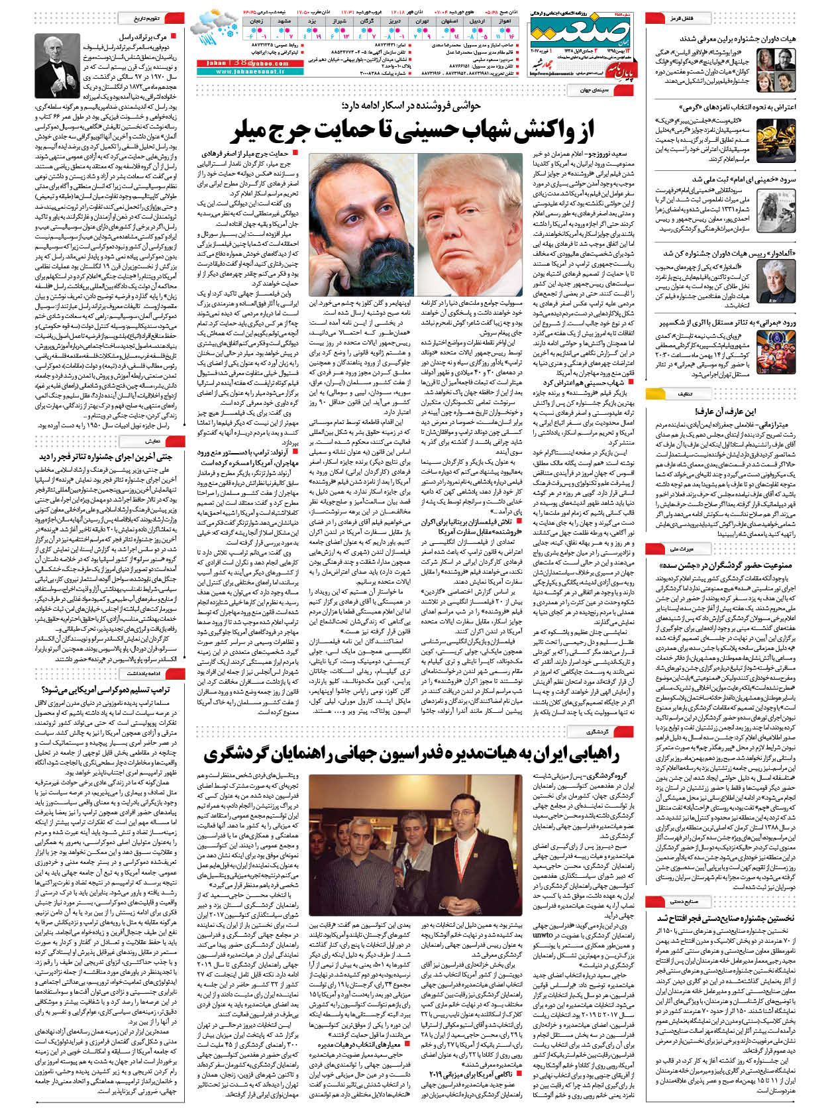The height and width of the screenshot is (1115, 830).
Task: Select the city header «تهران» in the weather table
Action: click(x=422, y=22)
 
